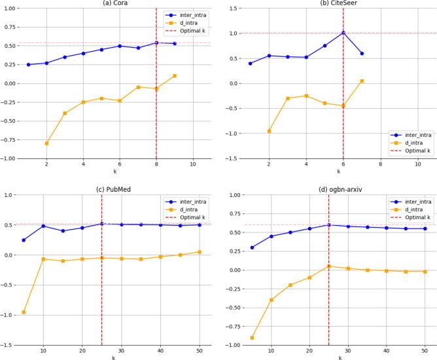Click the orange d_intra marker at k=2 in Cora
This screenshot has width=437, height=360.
coord(46,143)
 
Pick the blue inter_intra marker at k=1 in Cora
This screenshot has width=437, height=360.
coord(28,65)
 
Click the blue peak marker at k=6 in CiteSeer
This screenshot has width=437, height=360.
coord(343,33)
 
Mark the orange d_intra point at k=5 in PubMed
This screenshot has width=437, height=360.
coord(24,312)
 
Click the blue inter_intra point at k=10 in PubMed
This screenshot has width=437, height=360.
coord(43,226)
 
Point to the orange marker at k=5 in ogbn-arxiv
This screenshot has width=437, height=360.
coord(252,338)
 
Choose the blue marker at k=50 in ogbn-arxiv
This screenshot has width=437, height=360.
coord(425,228)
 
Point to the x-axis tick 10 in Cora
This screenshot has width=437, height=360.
coord(193,165)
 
